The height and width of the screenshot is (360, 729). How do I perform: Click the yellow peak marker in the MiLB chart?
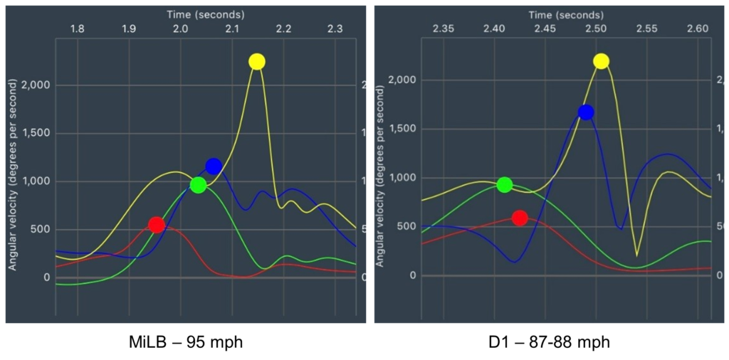[257, 62]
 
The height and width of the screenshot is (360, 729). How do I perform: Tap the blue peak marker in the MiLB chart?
[214, 166]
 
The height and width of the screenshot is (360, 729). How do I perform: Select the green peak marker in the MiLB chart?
[199, 185]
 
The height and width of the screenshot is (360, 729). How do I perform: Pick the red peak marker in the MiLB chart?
[157, 225]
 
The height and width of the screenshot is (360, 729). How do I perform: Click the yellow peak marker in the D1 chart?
[602, 61]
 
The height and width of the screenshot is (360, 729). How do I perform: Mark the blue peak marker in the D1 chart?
[586, 112]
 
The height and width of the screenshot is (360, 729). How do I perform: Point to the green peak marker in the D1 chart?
[505, 185]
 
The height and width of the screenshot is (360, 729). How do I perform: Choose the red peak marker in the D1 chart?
[520, 218]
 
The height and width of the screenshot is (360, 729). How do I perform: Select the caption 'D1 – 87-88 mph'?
[548, 342]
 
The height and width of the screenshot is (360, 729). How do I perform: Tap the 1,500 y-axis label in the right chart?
[402, 129]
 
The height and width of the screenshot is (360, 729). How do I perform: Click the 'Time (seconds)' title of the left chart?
[206, 14]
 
